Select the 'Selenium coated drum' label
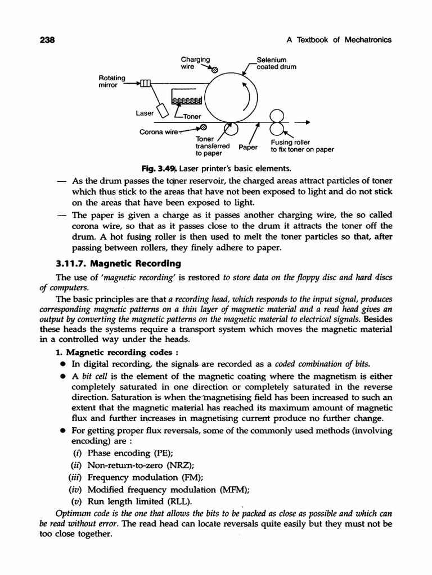point(276,63)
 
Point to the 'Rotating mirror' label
point(112,81)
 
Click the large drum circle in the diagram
point(230,96)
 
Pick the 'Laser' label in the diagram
point(145,113)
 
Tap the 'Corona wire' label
point(159,133)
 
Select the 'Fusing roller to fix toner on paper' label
point(302,146)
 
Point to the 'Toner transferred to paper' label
point(209,145)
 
